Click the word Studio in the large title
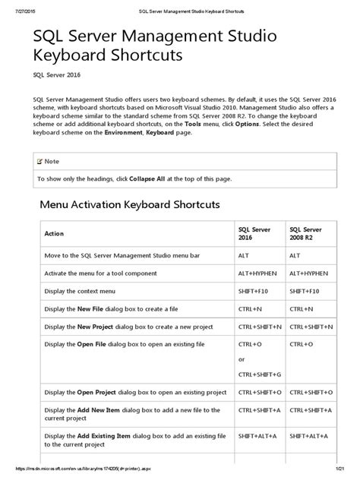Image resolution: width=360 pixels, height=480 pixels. click(x=251, y=36)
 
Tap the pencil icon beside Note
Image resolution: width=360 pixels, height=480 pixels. click(x=39, y=162)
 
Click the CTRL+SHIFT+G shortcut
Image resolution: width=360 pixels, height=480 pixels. click(x=259, y=374)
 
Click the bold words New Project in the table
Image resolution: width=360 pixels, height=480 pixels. click(x=96, y=327)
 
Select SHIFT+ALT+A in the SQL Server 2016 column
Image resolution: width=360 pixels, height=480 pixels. click(x=258, y=437)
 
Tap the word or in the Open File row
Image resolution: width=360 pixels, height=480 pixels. click(x=242, y=359)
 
